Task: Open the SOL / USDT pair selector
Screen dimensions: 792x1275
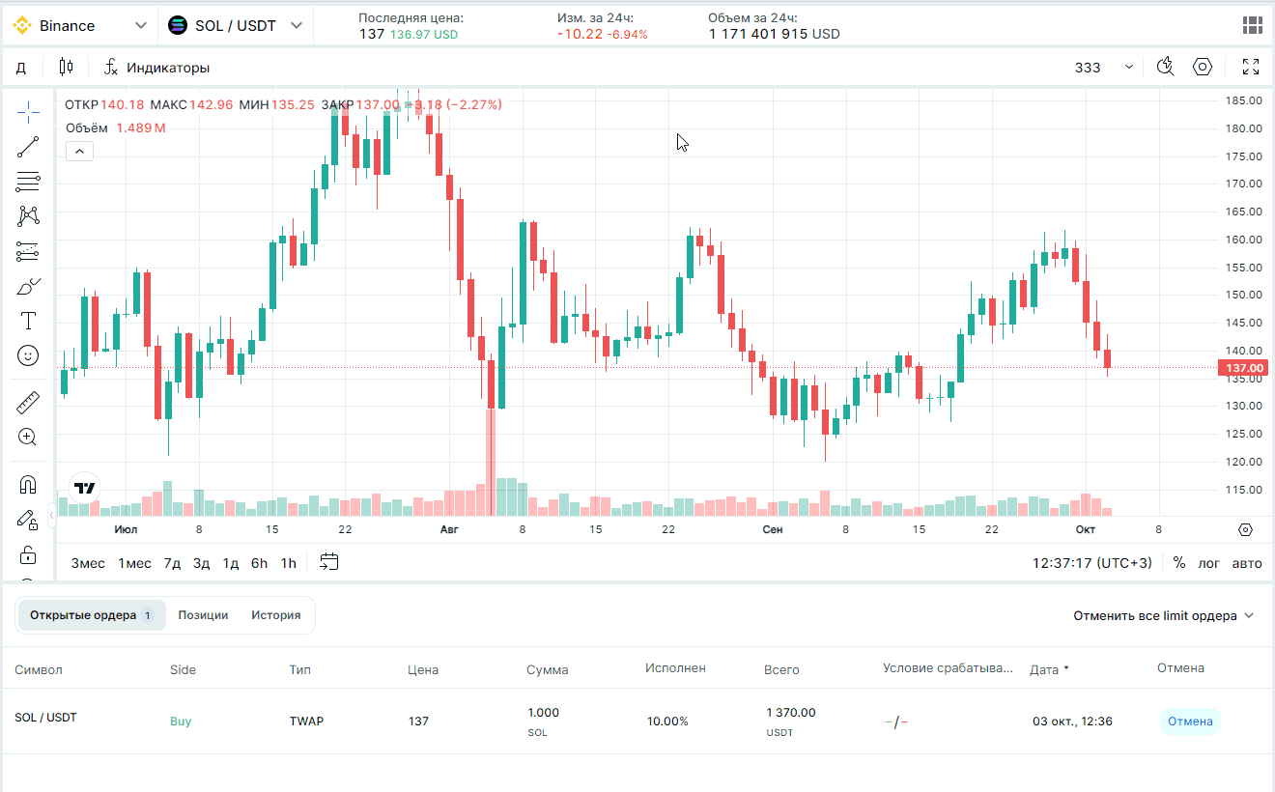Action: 236,26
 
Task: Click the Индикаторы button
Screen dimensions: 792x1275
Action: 157,68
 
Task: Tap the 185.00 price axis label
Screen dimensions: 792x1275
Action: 1243,100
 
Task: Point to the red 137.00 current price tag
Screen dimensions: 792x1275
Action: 1243,368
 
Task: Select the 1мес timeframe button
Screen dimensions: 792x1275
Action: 134,563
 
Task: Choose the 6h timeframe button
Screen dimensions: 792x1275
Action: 259,563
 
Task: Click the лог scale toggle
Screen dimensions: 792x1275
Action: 1209,563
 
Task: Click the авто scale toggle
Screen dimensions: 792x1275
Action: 1247,563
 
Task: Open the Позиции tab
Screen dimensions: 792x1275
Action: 203,615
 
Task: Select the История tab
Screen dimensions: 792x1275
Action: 276,615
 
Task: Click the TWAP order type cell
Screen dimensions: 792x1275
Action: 306,721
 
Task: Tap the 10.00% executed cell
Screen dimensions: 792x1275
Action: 667,721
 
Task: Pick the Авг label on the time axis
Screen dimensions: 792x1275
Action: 449,529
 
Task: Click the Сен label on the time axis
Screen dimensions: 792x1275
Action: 772,529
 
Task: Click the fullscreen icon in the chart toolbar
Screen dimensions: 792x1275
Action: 1251,68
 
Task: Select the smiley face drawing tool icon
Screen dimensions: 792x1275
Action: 28,356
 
